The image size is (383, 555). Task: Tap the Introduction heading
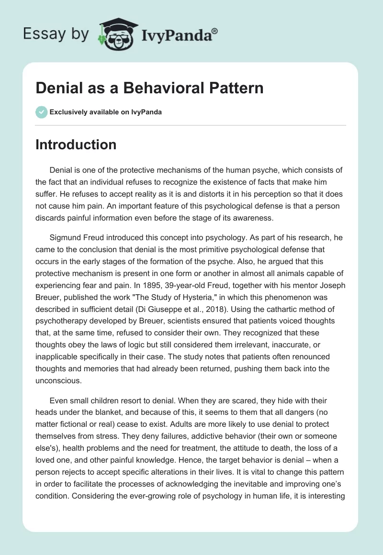76,144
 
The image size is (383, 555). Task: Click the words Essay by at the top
56,34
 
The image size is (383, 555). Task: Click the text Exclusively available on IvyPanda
106,112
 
